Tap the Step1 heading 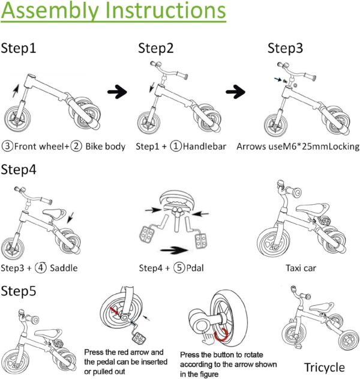[x=19, y=49]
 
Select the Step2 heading [x=156, y=49]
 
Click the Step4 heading [x=19, y=169]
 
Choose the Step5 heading [x=19, y=291]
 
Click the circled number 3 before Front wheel [x=8, y=146]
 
